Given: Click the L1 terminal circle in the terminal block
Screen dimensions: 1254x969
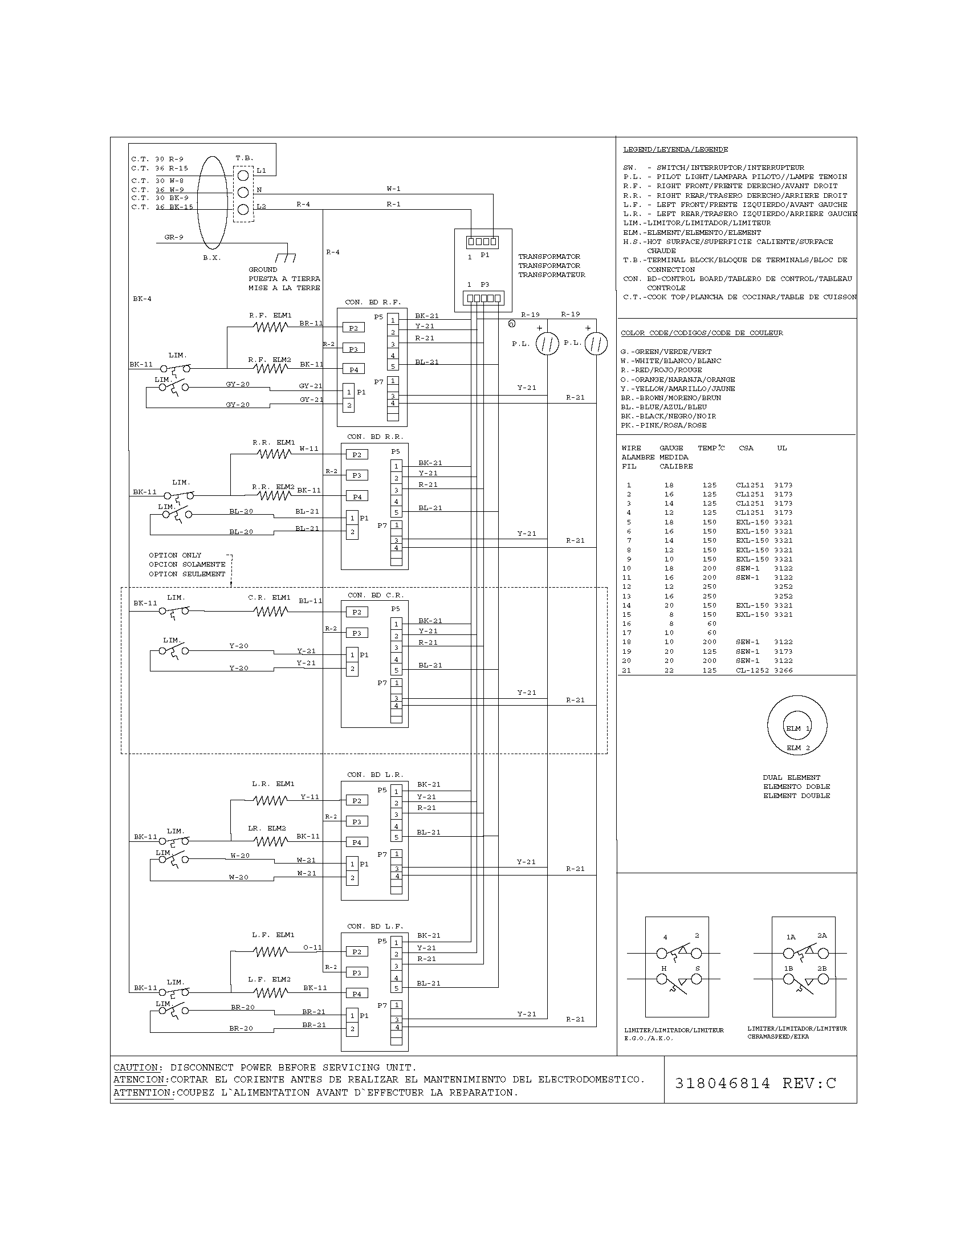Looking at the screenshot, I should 243,174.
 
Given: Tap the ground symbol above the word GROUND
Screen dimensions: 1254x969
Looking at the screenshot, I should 286,257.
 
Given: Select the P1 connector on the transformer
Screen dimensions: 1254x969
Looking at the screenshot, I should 482,242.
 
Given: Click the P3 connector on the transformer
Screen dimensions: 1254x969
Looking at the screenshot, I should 483,298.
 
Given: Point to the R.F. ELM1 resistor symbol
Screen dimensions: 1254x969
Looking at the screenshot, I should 270,327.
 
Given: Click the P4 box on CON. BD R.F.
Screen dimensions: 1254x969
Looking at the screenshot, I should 353,369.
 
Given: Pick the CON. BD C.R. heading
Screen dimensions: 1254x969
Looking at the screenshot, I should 376,595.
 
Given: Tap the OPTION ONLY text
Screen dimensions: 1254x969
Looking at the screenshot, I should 175,555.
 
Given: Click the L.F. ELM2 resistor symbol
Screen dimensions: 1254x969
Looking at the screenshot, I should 270,992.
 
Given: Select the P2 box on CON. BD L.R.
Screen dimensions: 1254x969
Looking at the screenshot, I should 356,800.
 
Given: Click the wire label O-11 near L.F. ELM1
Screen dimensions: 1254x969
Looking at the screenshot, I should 312,947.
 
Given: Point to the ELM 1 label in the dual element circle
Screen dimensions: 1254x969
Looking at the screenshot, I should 797,728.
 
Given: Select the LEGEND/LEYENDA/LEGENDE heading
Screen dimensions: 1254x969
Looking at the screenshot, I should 675,149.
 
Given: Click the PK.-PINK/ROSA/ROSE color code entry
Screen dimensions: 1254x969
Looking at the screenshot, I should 663,425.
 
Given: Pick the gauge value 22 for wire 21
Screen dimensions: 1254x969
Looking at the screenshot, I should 669,670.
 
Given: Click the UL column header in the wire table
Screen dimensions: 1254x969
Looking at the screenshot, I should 782,448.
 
